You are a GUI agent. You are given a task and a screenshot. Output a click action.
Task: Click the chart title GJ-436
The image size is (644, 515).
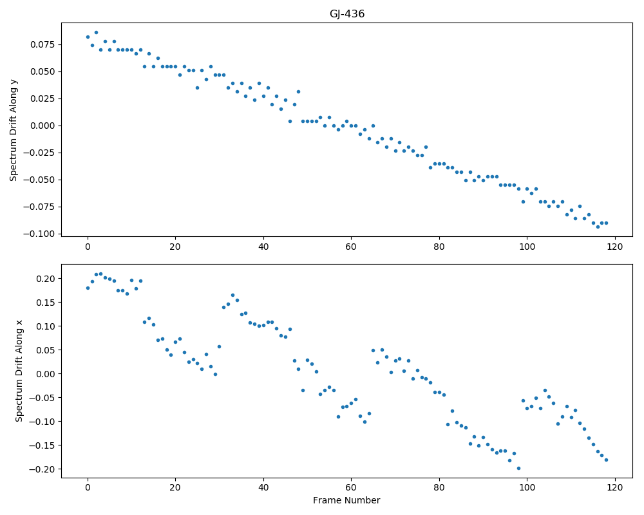(x=347, y=14)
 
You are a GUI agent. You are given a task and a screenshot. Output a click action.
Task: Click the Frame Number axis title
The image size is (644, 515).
(x=346, y=500)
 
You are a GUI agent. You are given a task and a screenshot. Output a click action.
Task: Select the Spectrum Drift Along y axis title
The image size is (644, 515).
(x=14, y=129)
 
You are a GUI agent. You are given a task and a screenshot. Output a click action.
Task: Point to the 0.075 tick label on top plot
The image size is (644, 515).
(x=43, y=44)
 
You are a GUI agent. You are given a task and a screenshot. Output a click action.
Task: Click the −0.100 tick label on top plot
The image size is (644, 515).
(x=39, y=234)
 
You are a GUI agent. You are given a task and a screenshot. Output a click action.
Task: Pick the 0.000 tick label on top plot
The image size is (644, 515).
(x=43, y=126)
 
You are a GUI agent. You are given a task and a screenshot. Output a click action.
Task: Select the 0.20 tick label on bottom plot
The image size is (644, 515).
(x=46, y=279)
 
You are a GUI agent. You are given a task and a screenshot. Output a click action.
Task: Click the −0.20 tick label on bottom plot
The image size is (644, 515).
(x=43, y=469)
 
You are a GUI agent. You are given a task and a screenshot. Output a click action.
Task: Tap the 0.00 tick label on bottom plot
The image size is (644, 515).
(x=46, y=374)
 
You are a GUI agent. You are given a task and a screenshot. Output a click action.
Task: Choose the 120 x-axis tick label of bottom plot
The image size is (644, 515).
(x=615, y=487)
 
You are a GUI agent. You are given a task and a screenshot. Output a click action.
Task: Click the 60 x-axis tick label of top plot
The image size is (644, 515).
(x=351, y=247)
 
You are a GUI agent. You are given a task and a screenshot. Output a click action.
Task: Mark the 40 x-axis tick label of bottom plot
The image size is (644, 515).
(x=263, y=487)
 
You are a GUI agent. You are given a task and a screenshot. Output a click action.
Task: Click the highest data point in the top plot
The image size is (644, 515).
(x=96, y=32)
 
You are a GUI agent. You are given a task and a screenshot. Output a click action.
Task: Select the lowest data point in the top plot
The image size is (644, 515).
(x=598, y=227)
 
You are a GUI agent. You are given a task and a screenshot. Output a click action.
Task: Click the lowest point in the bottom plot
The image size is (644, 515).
(x=518, y=468)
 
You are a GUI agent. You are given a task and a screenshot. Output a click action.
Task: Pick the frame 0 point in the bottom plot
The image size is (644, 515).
(x=88, y=288)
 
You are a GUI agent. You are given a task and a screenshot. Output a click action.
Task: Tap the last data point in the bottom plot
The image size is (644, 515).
(x=606, y=460)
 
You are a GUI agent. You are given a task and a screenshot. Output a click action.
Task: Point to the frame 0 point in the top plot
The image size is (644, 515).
(x=88, y=37)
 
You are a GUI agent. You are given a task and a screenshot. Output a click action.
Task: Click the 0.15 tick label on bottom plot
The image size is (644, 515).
(x=46, y=303)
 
